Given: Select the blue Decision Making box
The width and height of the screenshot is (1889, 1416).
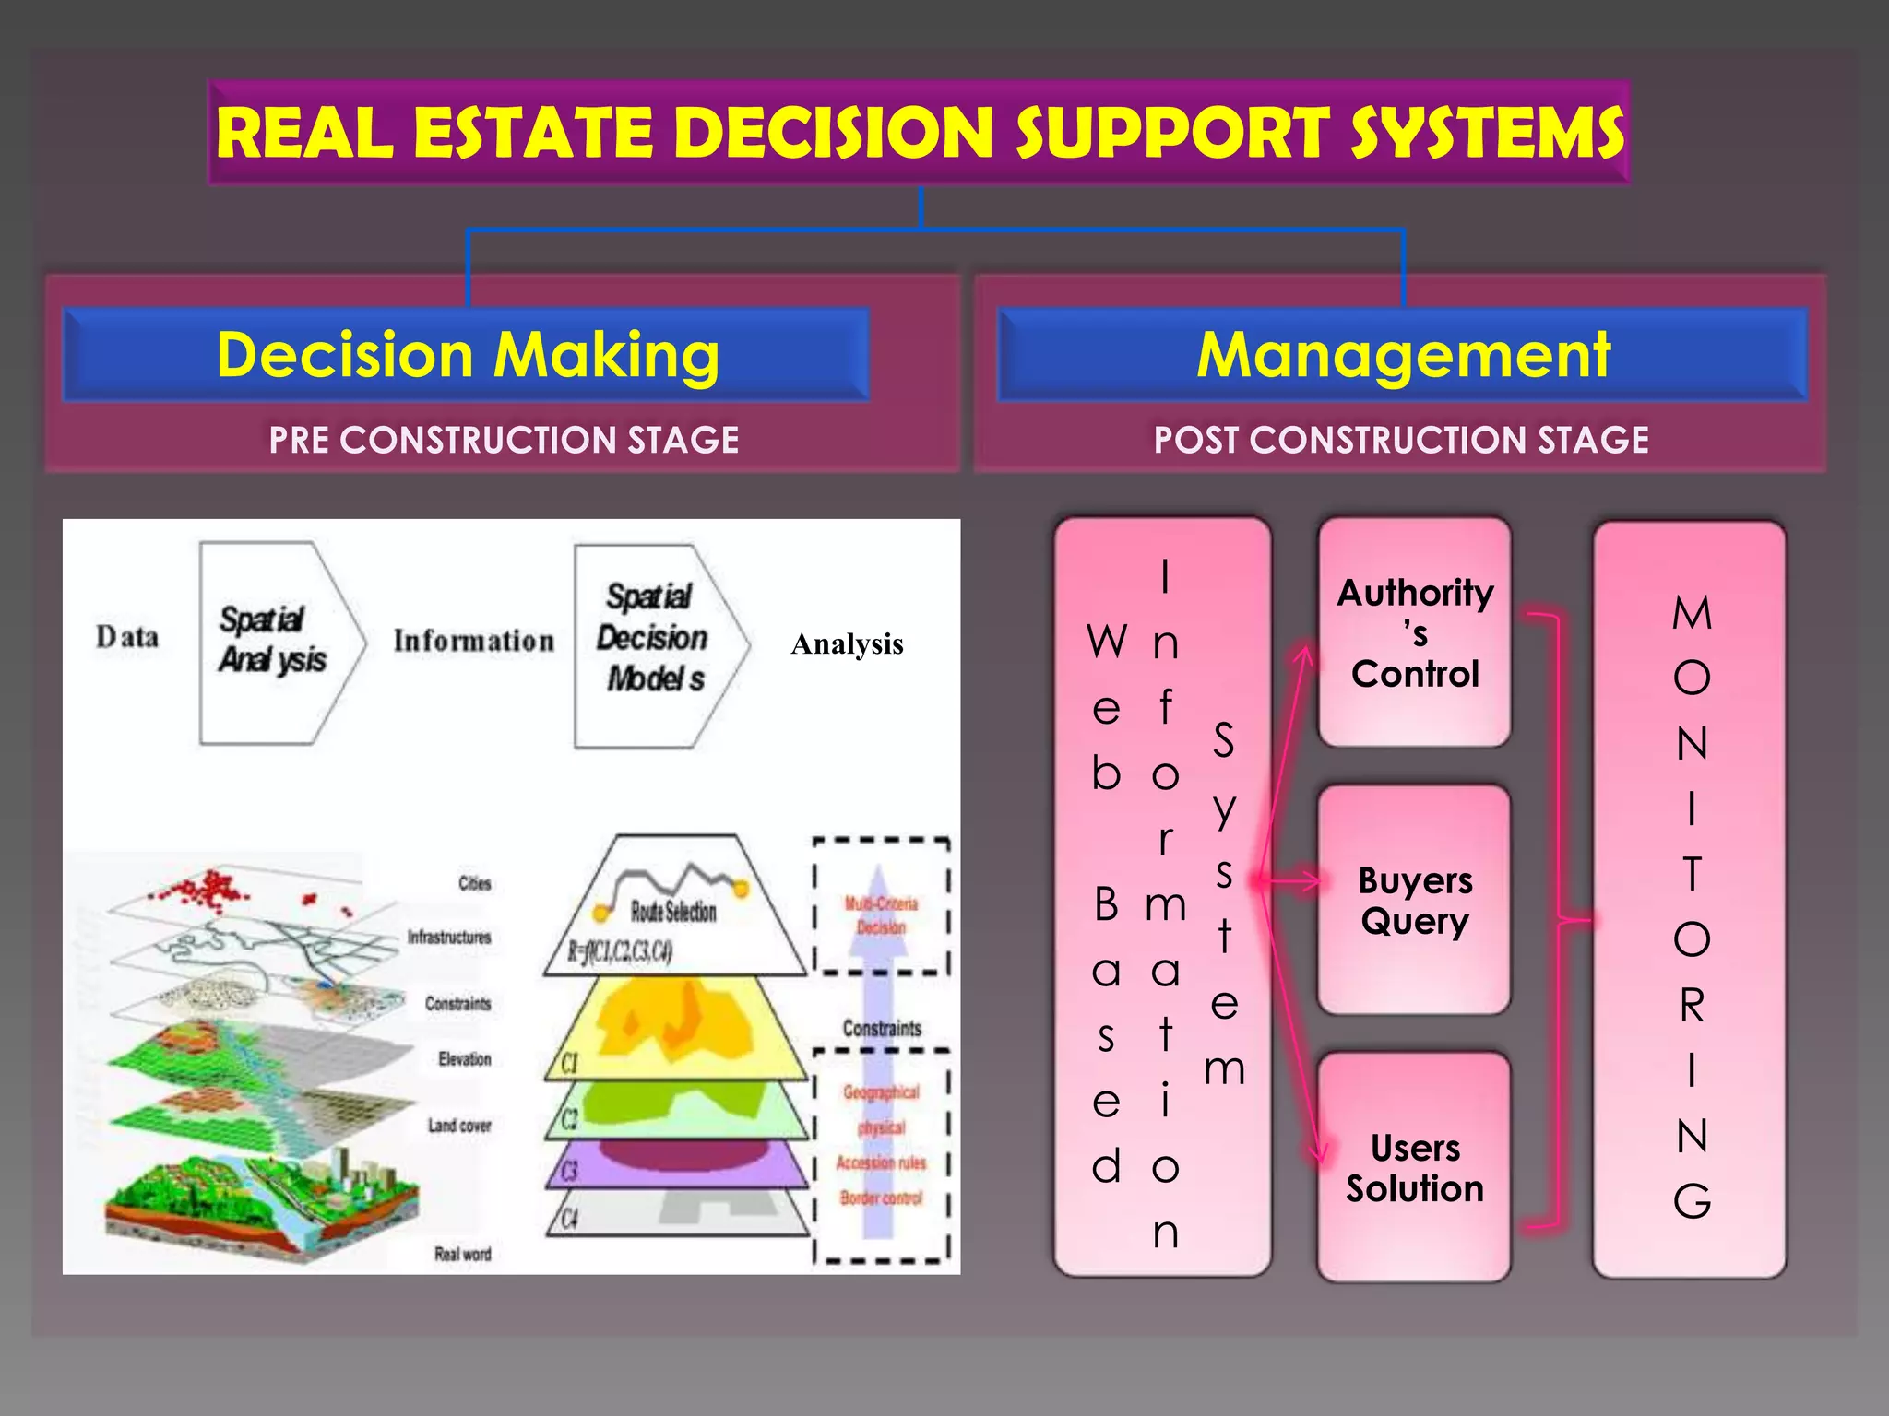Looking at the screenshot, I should [x=467, y=355].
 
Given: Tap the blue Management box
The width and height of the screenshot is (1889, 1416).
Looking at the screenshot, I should [x=1402, y=355].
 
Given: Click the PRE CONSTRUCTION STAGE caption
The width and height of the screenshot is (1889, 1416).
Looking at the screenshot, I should [x=504, y=440].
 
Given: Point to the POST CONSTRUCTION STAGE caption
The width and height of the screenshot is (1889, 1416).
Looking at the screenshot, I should [x=1400, y=440].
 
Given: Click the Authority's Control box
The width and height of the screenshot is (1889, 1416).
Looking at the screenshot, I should [x=1414, y=633].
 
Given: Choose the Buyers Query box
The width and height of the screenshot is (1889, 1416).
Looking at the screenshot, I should [x=1414, y=901].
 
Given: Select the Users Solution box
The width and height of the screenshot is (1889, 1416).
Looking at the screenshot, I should [x=1414, y=1168].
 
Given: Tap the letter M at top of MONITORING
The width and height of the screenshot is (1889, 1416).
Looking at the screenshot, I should [x=1692, y=614].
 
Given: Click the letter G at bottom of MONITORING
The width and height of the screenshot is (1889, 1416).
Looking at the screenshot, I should [x=1692, y=1201].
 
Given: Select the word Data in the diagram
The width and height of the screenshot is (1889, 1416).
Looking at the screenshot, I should [x=127, y=637].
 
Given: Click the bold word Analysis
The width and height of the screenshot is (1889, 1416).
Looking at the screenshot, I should [x=847, y=643].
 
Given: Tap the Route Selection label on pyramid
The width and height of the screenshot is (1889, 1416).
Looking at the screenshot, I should [x=673, y=912].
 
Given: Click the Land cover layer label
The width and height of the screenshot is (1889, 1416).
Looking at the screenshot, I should [x=459, y=1126].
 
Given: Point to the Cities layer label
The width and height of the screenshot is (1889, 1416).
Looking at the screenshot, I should [x=475, y=883].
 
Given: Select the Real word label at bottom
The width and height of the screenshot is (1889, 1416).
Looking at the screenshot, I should [x=463, y=1254].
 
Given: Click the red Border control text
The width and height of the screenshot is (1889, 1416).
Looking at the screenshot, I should [x=881, y=1198].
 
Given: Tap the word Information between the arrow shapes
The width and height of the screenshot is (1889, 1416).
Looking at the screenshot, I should [x=473, y=641].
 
